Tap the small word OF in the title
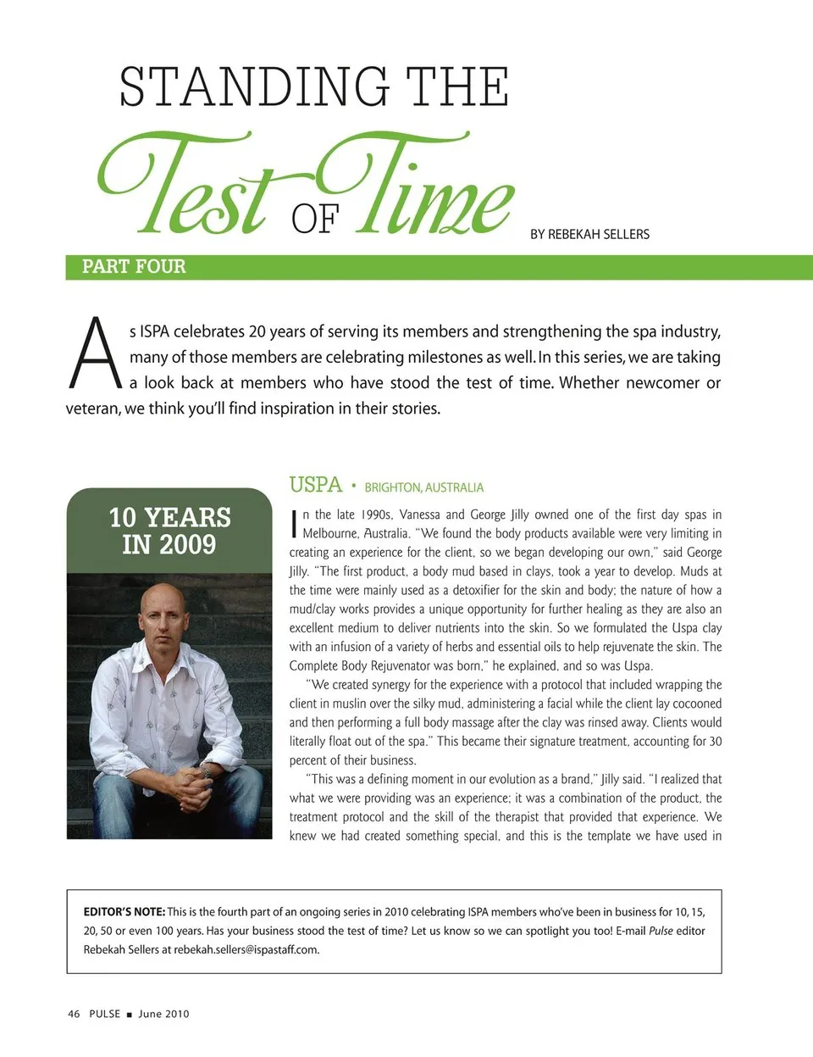pyautogui.click(x=315, y=220)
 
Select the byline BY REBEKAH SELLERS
pyautogui.click(x=589, y=234)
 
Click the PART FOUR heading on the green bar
pyautogui.click(x=134, y=267)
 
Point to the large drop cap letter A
pyautogui.click(x=96, y=354)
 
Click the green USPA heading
pyautogui.click(x=315, y=485)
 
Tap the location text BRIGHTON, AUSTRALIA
pyautogui.click(x=423, y=487)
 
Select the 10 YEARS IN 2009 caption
pyautogui.click(x=169, y=531)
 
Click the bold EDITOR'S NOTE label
pyautogui.click(x=124, y=912)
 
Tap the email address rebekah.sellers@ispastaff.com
pyautogui.click(x=246, y=949)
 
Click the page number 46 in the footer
pyautogui.click(x=74, y=1014)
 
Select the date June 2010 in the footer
pyautogui.click(x=163, y=1014)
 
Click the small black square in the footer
pyautogui.click(x=129, y=1015)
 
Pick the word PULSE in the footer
pyautogui.click(x=104, y=1014)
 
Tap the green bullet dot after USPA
pyautogui.click(x=353, y=487)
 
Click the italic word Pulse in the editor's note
pyautogui.click(x=661, y=931)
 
